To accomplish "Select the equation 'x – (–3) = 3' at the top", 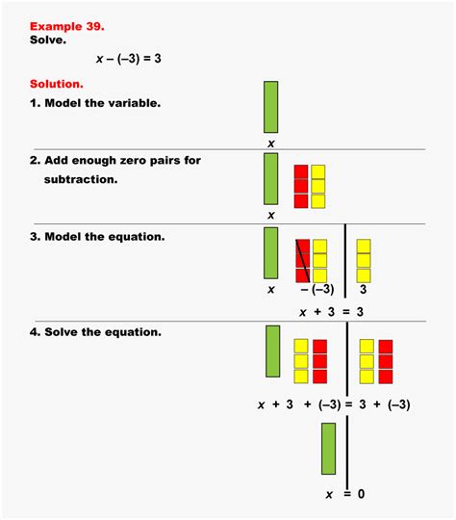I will click(128, 60).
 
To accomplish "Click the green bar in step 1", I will click(271, 107).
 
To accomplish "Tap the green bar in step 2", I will click(271, 178).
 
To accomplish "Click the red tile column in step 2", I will click(301, 186).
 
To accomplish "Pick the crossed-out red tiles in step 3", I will click(302, 260).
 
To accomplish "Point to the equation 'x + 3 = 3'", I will click(332, 311).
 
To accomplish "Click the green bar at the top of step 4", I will click(272, 351).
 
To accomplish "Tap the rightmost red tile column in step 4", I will click(386, 361).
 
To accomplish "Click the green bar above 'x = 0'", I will click(328, 449).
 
